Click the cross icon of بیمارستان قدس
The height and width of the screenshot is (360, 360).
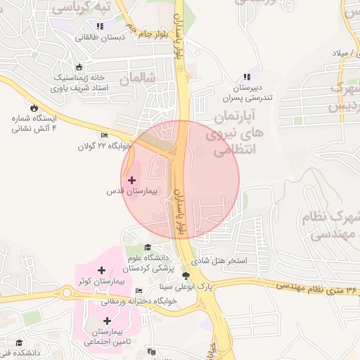131,181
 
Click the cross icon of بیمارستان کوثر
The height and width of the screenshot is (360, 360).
102,270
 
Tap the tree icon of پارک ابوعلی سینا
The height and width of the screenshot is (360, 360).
186,276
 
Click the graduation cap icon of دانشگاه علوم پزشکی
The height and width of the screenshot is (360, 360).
148,247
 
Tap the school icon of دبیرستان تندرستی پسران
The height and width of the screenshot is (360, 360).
246,77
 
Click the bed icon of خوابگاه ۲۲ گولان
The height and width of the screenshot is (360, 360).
105,136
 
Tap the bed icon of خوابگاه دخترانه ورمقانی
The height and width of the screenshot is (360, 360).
139,291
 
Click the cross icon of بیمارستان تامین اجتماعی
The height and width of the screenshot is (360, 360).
106,321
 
